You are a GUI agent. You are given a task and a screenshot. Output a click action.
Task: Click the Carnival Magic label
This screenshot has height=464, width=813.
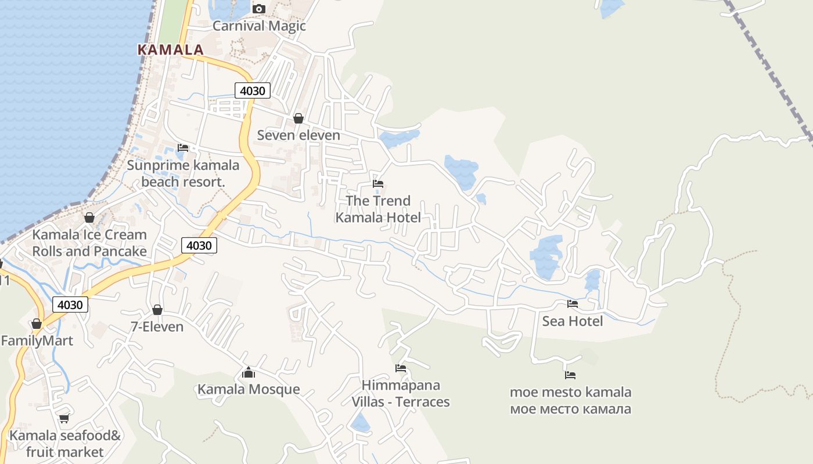pyautogui.click(x=259, y=26)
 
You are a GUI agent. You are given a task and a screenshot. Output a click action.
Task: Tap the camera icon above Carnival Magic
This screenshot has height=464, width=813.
pyautogui.click(x=259, y=9)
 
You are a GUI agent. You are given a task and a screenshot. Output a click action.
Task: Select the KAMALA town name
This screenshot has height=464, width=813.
pyautogui.click(x=171, y=50)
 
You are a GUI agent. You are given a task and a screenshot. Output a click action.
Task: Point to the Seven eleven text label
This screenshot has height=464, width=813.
pyautogui.click(x=298, y=135)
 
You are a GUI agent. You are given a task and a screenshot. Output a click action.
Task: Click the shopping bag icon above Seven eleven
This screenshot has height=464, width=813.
pyautogui.click(x=298, y=118)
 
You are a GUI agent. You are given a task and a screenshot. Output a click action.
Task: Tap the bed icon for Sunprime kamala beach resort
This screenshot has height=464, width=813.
pyautogui.click(x=183, y=148)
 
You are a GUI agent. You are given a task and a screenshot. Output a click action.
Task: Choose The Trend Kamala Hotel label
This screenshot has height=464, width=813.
pyautogui.click(x=378, y=209)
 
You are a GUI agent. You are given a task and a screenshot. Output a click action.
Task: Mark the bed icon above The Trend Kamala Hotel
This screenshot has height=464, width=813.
pyautogui.click(x=378, y=184)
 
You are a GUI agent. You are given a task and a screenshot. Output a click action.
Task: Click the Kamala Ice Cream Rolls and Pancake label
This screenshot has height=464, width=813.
pyautogui.click(x=89, y=243)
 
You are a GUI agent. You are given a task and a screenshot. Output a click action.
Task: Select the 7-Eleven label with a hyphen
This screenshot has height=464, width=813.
pyautogui.click(x=157, y=327)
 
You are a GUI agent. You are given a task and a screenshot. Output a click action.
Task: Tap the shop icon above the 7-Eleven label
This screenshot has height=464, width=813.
pyautogui.click(x=157, y=310)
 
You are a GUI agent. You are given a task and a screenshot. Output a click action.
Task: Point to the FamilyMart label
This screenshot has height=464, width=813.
pyautogui.click(x=37, y=340)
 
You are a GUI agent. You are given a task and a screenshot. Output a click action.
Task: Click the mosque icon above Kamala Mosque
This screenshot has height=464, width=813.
pyautogui.click(x=249, y=372)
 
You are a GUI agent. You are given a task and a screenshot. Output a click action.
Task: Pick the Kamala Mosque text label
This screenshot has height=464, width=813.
pyautogui.click(x=249, y=389)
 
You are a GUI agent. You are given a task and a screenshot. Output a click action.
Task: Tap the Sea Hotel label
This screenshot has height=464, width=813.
pyautogui.click(x=573, y=321)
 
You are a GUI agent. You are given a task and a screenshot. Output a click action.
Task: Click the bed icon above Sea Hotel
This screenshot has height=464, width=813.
pyautogui.click(x=573, y=304)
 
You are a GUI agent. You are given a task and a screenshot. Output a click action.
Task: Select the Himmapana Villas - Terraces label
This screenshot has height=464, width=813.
pyautogui.click(x=401, y=394)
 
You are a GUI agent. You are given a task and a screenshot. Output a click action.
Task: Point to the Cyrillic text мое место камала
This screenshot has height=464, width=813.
pyautogui.click(x=570, y=409)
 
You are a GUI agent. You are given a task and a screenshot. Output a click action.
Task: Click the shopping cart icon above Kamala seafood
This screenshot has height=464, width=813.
pyautogui.click(x=64, y=418)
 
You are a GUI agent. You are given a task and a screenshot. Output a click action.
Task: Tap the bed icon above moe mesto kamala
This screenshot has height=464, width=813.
pyautogui.click(x=570, y=375)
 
